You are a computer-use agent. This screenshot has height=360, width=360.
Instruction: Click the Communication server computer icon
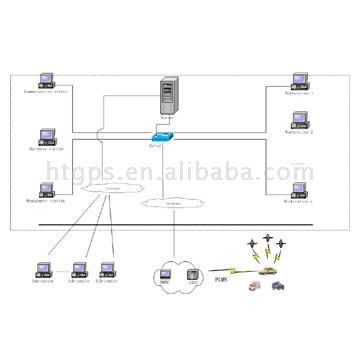click(x=46, y=79)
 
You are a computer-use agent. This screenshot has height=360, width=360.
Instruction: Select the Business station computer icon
click(x=46, y=134)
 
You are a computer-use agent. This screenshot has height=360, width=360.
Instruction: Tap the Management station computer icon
click(x=46, y=189)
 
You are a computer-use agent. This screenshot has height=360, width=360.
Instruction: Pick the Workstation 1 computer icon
click(x=297, y=79)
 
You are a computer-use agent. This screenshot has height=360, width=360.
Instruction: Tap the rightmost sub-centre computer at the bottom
click(x=107, y=269)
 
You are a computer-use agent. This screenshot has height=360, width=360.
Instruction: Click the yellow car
click(x=267, y=270)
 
